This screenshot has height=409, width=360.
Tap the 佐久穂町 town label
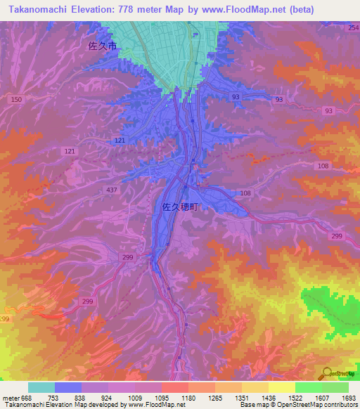click(x=176, y=207)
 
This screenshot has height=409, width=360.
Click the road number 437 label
click(x=112, y=191)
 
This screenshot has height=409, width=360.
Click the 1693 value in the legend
click(x=348, y=397)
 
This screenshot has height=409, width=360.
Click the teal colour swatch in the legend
click(x=41, y=387)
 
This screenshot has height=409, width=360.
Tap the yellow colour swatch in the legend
click(x=282, y=387)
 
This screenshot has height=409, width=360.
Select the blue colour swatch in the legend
click(x=68, y=387)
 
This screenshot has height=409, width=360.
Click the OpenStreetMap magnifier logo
click(x=326, y=373)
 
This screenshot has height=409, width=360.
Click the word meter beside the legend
click(x=10, y=397)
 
